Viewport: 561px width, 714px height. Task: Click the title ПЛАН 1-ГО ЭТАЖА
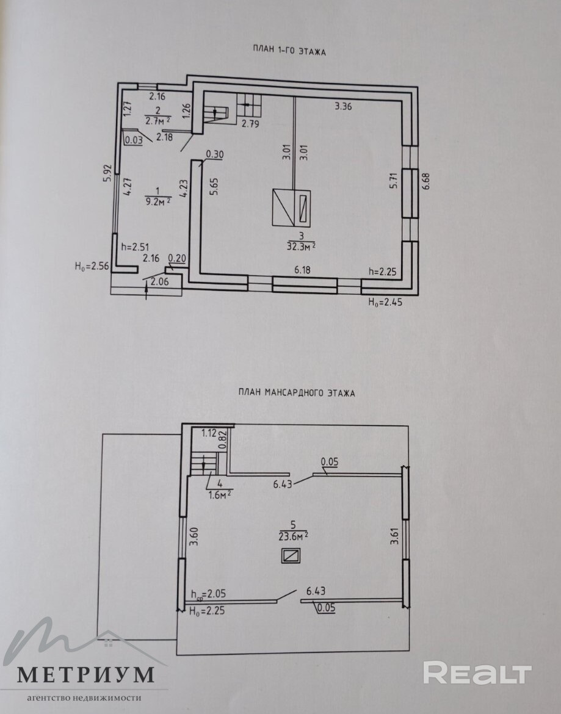(x=289, y=52)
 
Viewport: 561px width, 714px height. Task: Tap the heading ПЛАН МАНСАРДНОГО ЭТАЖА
(x=296, y=393)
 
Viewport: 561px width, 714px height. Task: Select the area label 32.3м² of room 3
(x=300, y=246)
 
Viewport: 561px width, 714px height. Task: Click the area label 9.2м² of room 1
(x=156, y=201)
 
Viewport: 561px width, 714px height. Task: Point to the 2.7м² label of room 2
(x=157, y=121)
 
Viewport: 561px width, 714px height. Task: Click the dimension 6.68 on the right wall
(x=427, y=182)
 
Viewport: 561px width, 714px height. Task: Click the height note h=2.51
(x=135, y=247)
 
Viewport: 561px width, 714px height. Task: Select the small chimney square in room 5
(x=291, y=555)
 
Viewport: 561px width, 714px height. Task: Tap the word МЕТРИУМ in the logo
(x=85, y=674)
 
